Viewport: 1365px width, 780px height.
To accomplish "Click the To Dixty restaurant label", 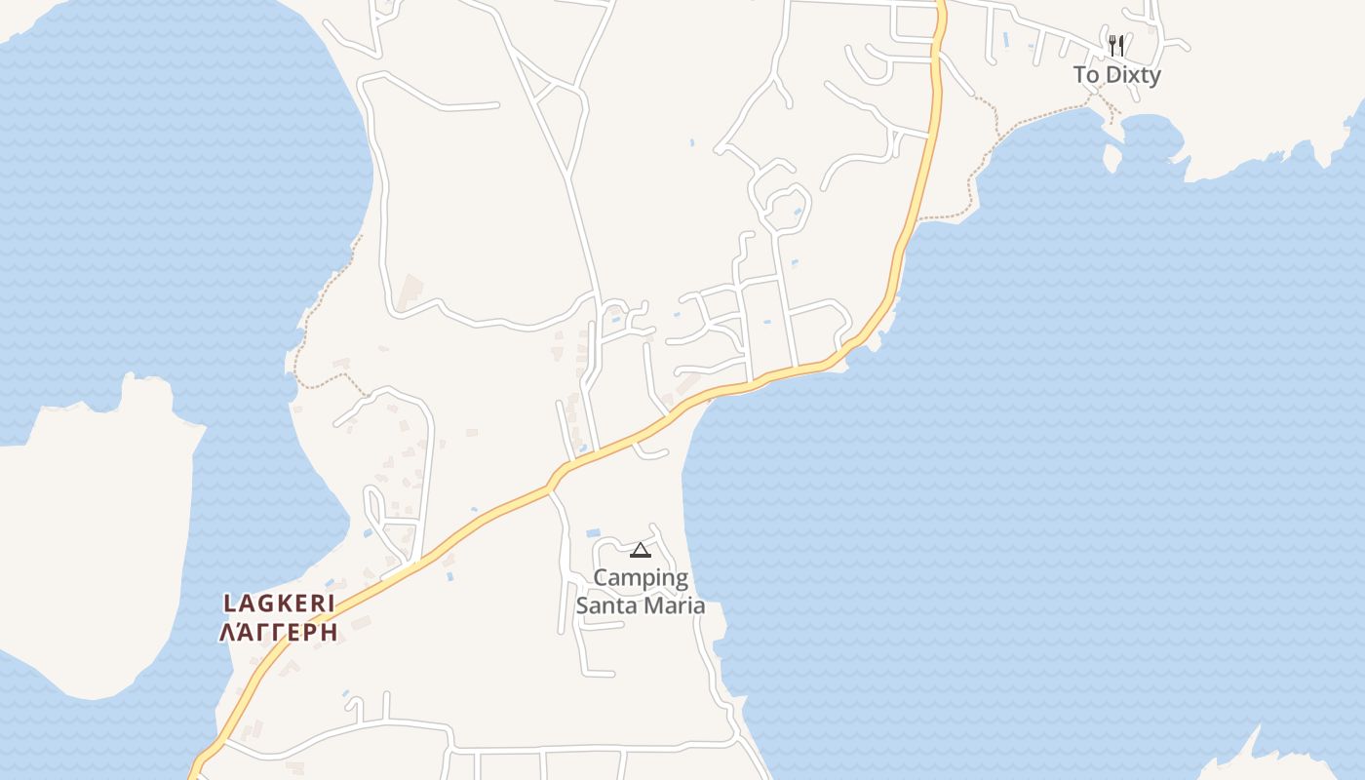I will pyautogui.click(x=1116, y=75).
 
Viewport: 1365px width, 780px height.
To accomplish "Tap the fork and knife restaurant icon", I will pyautogui.click(x=1116, y=45).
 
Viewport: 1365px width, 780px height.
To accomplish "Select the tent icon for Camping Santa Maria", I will pyautogui.click(x=640, y=550).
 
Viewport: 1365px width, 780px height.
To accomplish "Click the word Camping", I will pyautogui.click(x=641, y=578).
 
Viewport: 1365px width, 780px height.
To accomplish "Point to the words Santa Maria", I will pyautogui.click(x=641, y=605).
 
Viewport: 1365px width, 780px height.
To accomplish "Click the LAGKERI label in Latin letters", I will pyautogui.click(x=280, y=604).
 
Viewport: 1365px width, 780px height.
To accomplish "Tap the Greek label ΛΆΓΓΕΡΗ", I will pyautogui.click(x=280, y=633).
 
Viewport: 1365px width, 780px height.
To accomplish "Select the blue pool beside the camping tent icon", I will pyautogui.click(x=593, y=533).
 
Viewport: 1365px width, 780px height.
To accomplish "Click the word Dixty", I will pyautogui.click(x=1132, y=75).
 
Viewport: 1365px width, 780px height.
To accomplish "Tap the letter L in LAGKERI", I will pyautogui.click(x=231, y=604).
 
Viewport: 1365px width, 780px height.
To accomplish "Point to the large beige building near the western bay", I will pyautogui.click(x=410, y=291).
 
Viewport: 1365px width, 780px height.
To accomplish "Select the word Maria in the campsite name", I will pyautogui.click(x=674, y=605).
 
